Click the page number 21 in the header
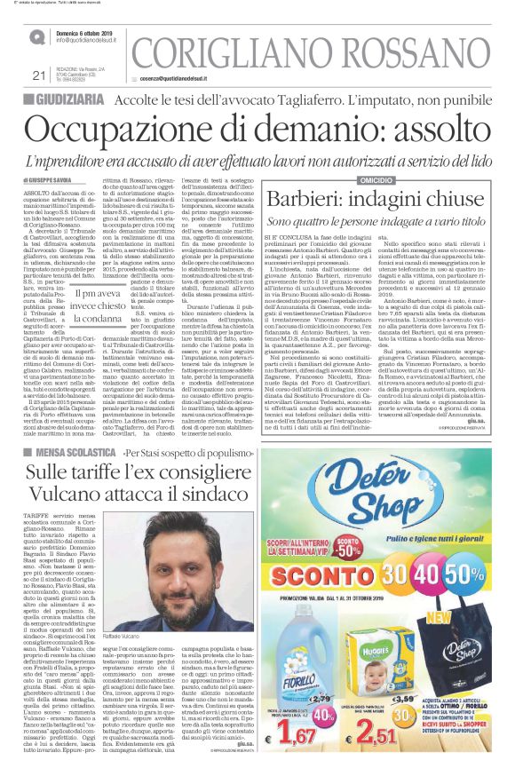tap(37, 75)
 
